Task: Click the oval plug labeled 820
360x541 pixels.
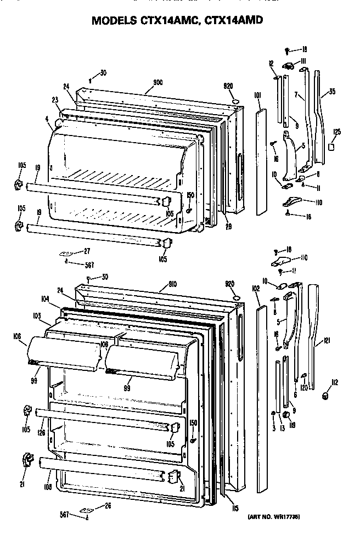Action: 234,101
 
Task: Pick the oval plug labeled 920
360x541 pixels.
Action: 236,298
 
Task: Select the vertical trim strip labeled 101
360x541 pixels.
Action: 260,162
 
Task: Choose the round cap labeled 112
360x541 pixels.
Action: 325,395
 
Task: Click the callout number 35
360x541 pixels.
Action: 331,92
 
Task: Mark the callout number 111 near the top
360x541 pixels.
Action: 302,60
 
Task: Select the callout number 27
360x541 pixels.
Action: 86,251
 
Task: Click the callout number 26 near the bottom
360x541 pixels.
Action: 108,505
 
